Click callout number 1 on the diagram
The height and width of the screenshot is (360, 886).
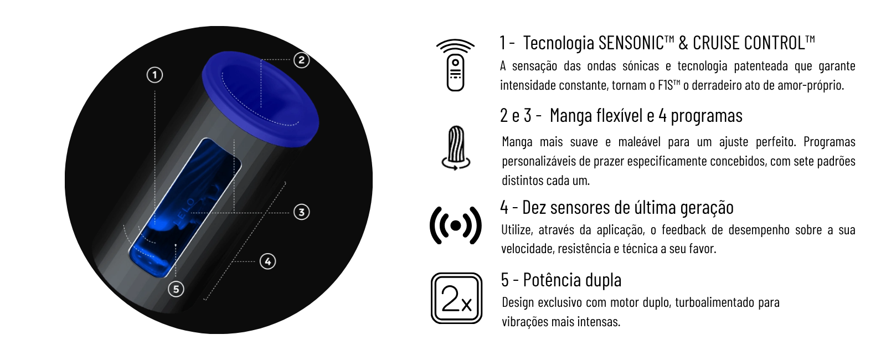click(154, 75)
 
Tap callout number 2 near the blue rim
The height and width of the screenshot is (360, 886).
click(301, 60)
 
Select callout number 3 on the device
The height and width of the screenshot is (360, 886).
click(301, 212)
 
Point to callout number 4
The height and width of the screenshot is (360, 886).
click(268, 261)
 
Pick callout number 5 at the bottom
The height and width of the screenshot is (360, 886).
click(176, 289)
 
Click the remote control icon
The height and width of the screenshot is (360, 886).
click(455, 65)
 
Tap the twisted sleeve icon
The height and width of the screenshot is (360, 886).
click(456, 148)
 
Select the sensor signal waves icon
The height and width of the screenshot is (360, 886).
click(456, 225)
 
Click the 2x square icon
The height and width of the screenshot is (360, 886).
click(456, 299)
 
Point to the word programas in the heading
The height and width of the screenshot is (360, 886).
click(707, 116)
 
